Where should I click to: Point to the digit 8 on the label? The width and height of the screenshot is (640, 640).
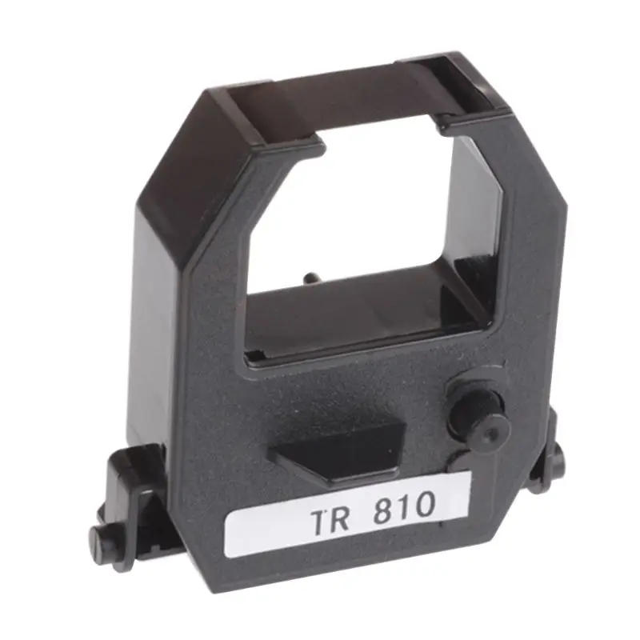383,510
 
